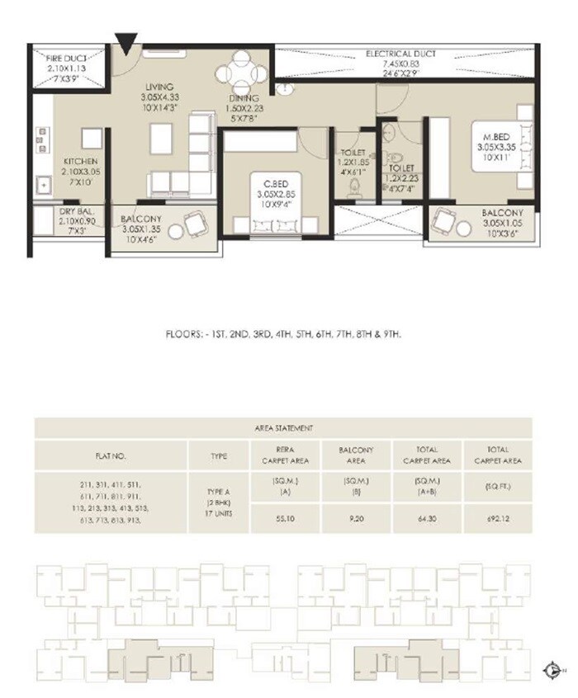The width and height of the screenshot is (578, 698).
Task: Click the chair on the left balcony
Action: [196, 224]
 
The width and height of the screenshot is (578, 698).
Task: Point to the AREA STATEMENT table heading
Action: [282, 429]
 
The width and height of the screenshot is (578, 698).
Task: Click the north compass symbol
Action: [552, 670]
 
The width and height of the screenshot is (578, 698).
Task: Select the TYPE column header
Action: [219, 455]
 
